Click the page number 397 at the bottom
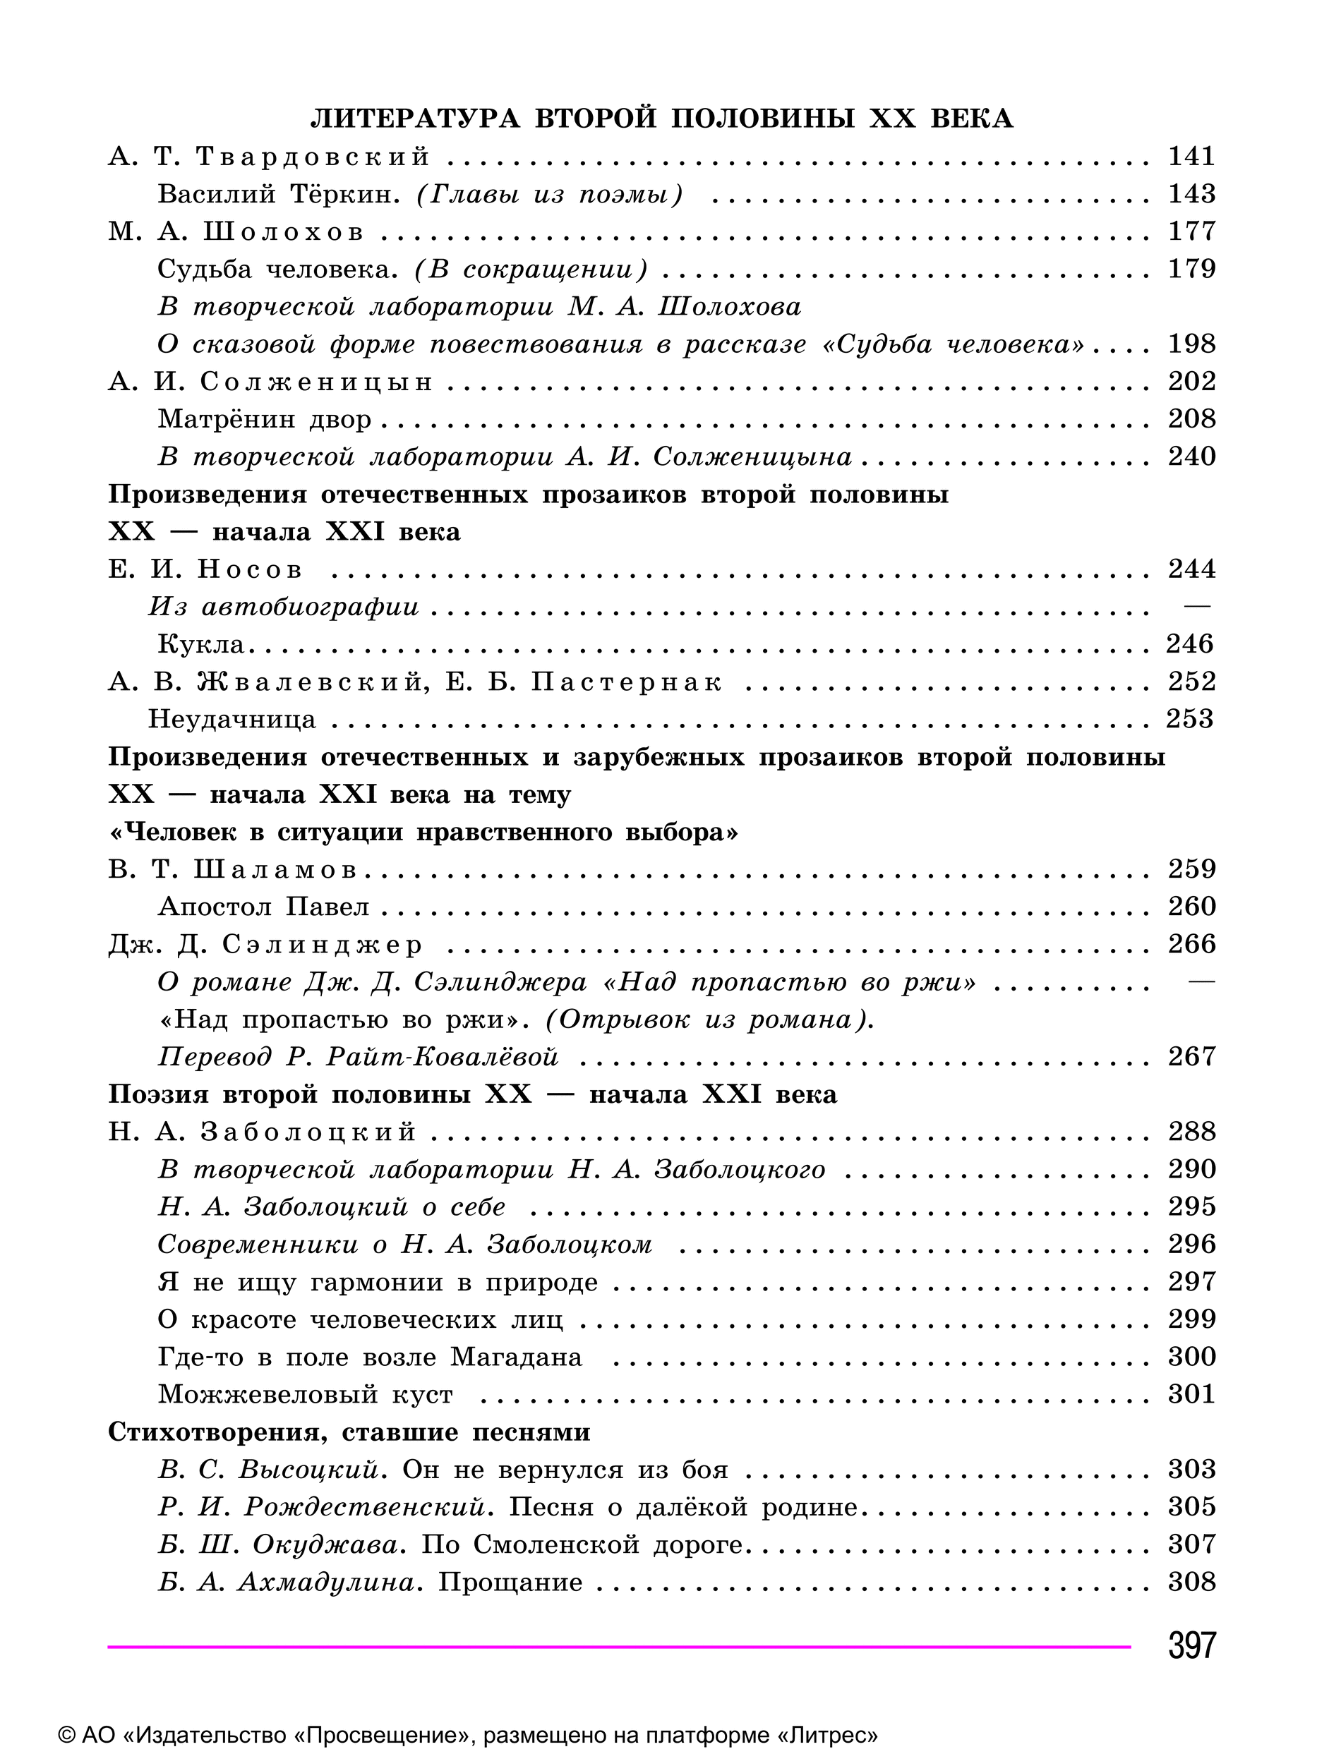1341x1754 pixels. pos(1192,1645)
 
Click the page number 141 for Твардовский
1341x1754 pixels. pos(1192,157)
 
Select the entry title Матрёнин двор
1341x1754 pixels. pos(264,419)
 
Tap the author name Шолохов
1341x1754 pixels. pos(283,232)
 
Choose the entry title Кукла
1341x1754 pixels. pos(200,644)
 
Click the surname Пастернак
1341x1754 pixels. pos(627,682)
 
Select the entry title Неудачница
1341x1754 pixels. pos(232,720)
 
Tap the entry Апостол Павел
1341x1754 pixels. pos(263,907)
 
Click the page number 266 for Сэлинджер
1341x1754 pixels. pos(1192,945)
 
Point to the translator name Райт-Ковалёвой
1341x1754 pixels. pos(443,1058)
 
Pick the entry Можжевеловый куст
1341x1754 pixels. pos(305,1395)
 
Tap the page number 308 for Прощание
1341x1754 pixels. pos(1192,1583)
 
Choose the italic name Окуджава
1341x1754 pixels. pos(325,1545)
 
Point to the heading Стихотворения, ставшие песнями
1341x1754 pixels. pos(349,1432)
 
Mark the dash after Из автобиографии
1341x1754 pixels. pos(1196,607)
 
